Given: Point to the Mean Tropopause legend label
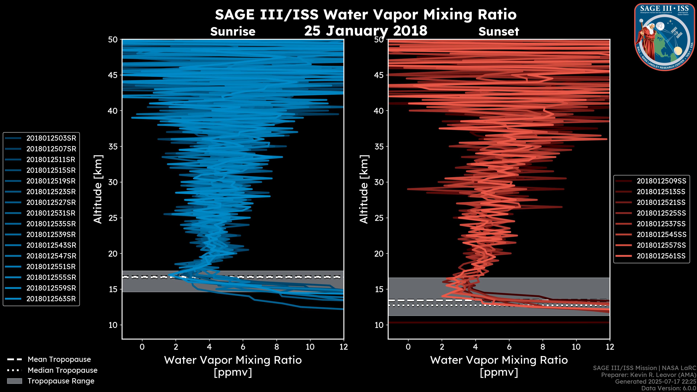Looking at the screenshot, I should [59, 360].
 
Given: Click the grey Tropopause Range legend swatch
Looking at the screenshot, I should [15, 381].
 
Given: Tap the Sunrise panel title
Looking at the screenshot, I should [233, 32].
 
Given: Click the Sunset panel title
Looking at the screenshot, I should [499, 32].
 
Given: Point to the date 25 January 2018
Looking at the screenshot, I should [366, 30].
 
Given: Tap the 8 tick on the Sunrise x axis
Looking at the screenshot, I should [276, 347].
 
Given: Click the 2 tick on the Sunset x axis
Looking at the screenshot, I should [442, 347].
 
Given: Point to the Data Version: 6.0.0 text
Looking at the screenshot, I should [668, 388].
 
